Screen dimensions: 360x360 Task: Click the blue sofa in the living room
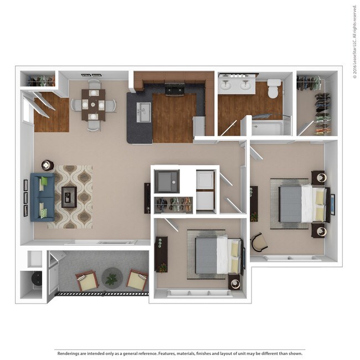pyautogui.click(x=42, y=197)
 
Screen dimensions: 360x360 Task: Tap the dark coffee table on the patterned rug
pyautogui.click(x=69, y=197)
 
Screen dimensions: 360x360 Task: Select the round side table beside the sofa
pyautogui.click(x=47, y=165)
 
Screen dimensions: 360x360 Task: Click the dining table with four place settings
pyautogui.click(x=93, y=105)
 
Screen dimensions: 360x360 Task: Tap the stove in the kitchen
pyautogui.click(x=175, y=88)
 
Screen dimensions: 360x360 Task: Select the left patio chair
pyautogui.click(x=87, y=281)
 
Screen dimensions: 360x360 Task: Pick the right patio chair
pyautogui.click(x=137, y=280)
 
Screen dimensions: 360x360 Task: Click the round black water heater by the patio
pyautogui.click(x=35, y=279)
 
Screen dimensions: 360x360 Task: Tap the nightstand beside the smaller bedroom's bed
pyautogui.click(x=235, y=282)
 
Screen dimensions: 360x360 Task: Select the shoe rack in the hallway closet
pyautogui.click(x=173, y=205)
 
